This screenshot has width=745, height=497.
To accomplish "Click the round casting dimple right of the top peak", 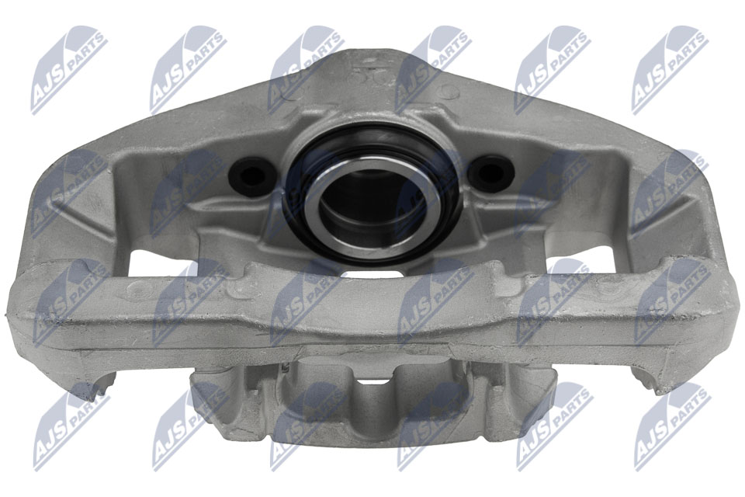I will click(x=448, y=91).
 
